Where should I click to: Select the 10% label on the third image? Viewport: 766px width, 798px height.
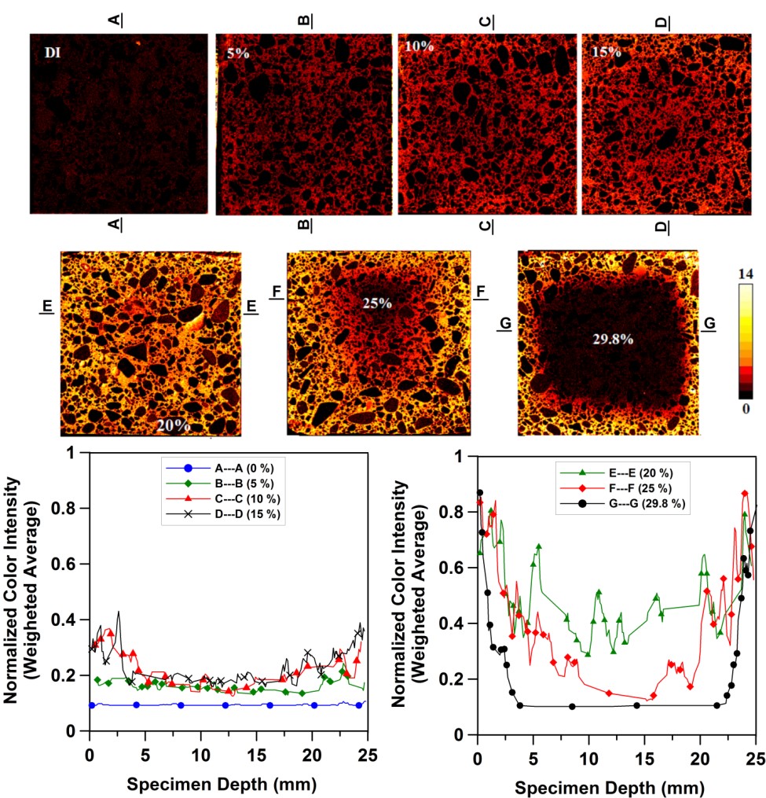(420, 46)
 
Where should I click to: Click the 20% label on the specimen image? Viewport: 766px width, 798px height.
(172, 425)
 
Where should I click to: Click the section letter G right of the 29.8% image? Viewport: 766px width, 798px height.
(709, 322)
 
